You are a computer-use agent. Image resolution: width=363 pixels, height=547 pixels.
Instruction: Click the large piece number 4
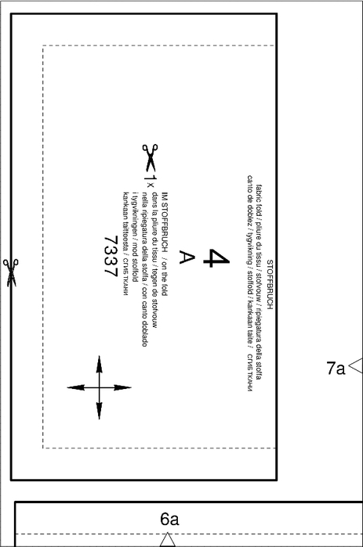[x=216, y=257]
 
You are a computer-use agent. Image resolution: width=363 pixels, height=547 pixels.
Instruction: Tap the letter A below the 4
[x=187, y=257]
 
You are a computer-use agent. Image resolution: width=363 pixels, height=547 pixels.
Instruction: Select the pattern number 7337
[x=111, y=257]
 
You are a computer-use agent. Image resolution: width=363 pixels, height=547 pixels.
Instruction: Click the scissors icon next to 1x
[x=151, y=157]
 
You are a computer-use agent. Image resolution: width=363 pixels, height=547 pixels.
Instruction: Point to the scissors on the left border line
[x=10, y=273]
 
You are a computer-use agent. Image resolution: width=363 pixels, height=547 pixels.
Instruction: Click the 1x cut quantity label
[x=150, y=181]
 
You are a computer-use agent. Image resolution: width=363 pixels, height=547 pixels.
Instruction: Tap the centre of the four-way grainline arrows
[x=100, y=387]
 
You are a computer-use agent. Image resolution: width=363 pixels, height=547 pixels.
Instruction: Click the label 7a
[x=336, y=368]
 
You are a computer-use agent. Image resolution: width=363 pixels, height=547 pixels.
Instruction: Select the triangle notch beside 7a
[x=356, y=365]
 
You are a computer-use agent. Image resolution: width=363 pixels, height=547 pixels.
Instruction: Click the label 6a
[x=169, y=519]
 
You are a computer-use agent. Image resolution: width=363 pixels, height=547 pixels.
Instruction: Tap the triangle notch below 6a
[x=167, y=539]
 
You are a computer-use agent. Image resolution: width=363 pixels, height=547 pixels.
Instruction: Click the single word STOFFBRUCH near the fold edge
[x=270, y=284]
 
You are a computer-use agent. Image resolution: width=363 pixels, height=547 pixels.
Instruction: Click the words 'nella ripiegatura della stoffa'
[x=144, y=237]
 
